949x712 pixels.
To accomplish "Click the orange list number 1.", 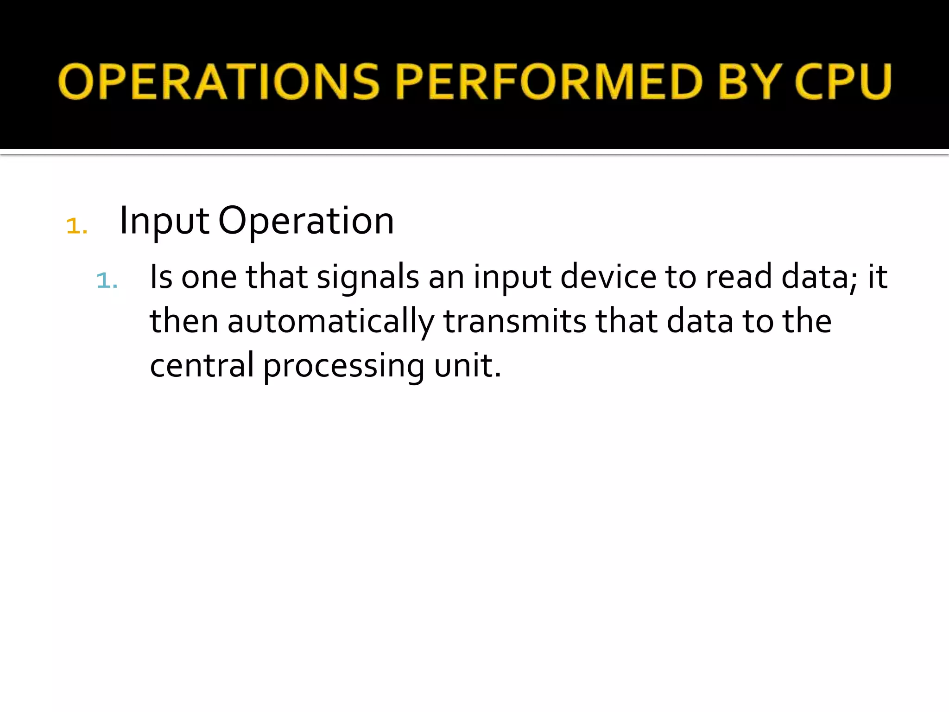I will [76, 226].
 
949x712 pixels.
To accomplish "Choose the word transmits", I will [515, 322].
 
